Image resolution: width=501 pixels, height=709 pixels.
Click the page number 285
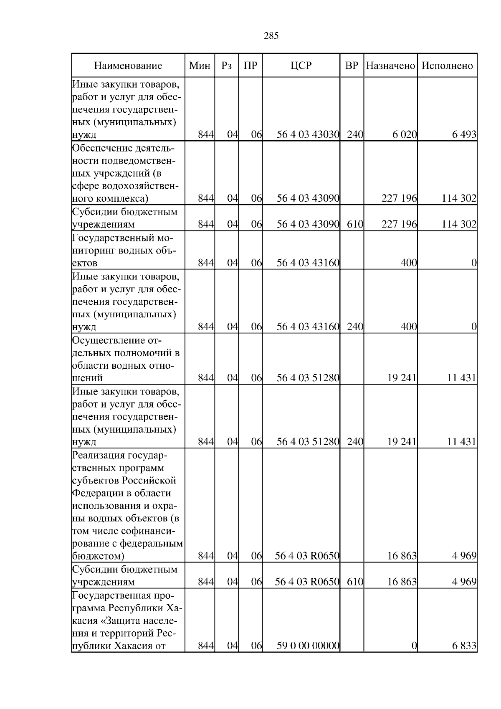coord(271,36)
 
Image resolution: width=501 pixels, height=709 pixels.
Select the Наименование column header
coord(128,66)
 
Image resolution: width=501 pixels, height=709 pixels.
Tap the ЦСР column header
coord(301,66)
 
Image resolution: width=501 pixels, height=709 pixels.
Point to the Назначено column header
coord(390,66)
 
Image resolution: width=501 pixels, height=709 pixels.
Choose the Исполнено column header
coord(447,66)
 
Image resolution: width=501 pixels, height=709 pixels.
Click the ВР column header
coord(352,66)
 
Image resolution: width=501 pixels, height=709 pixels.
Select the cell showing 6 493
coord(463,134)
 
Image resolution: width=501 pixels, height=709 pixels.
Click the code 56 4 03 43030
coord(308,134)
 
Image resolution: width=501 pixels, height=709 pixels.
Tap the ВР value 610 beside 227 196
coord(355,224)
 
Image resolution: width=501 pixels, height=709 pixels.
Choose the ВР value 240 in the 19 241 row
coord(355,442)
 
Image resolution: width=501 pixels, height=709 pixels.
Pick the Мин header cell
coord(200,66)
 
